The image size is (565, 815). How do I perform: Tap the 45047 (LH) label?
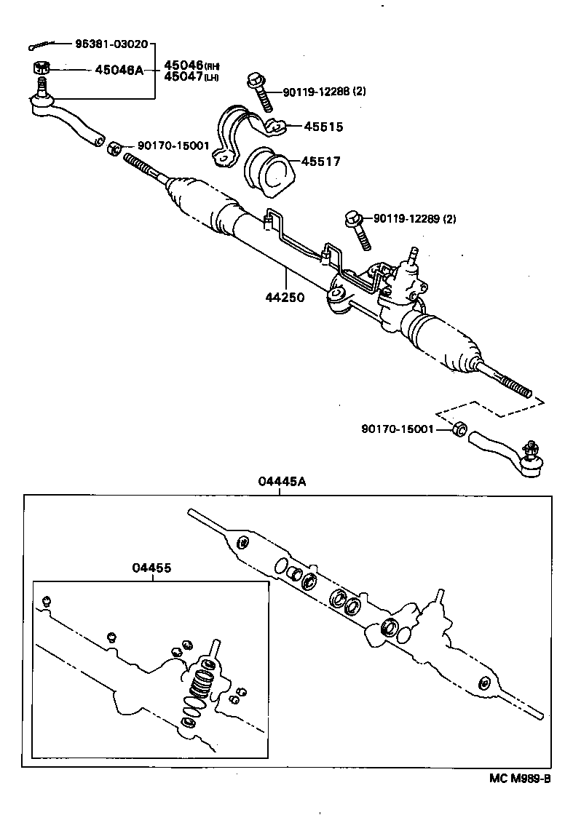click(191, 76)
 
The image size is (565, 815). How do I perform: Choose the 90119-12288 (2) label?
click(325, 92)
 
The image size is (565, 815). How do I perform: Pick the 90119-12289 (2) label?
click(414, 218)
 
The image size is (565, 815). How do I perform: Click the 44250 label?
click(285, 297)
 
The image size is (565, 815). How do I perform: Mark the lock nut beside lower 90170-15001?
click(458, 429)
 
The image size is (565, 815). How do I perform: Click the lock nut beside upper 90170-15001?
click(114, 150)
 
